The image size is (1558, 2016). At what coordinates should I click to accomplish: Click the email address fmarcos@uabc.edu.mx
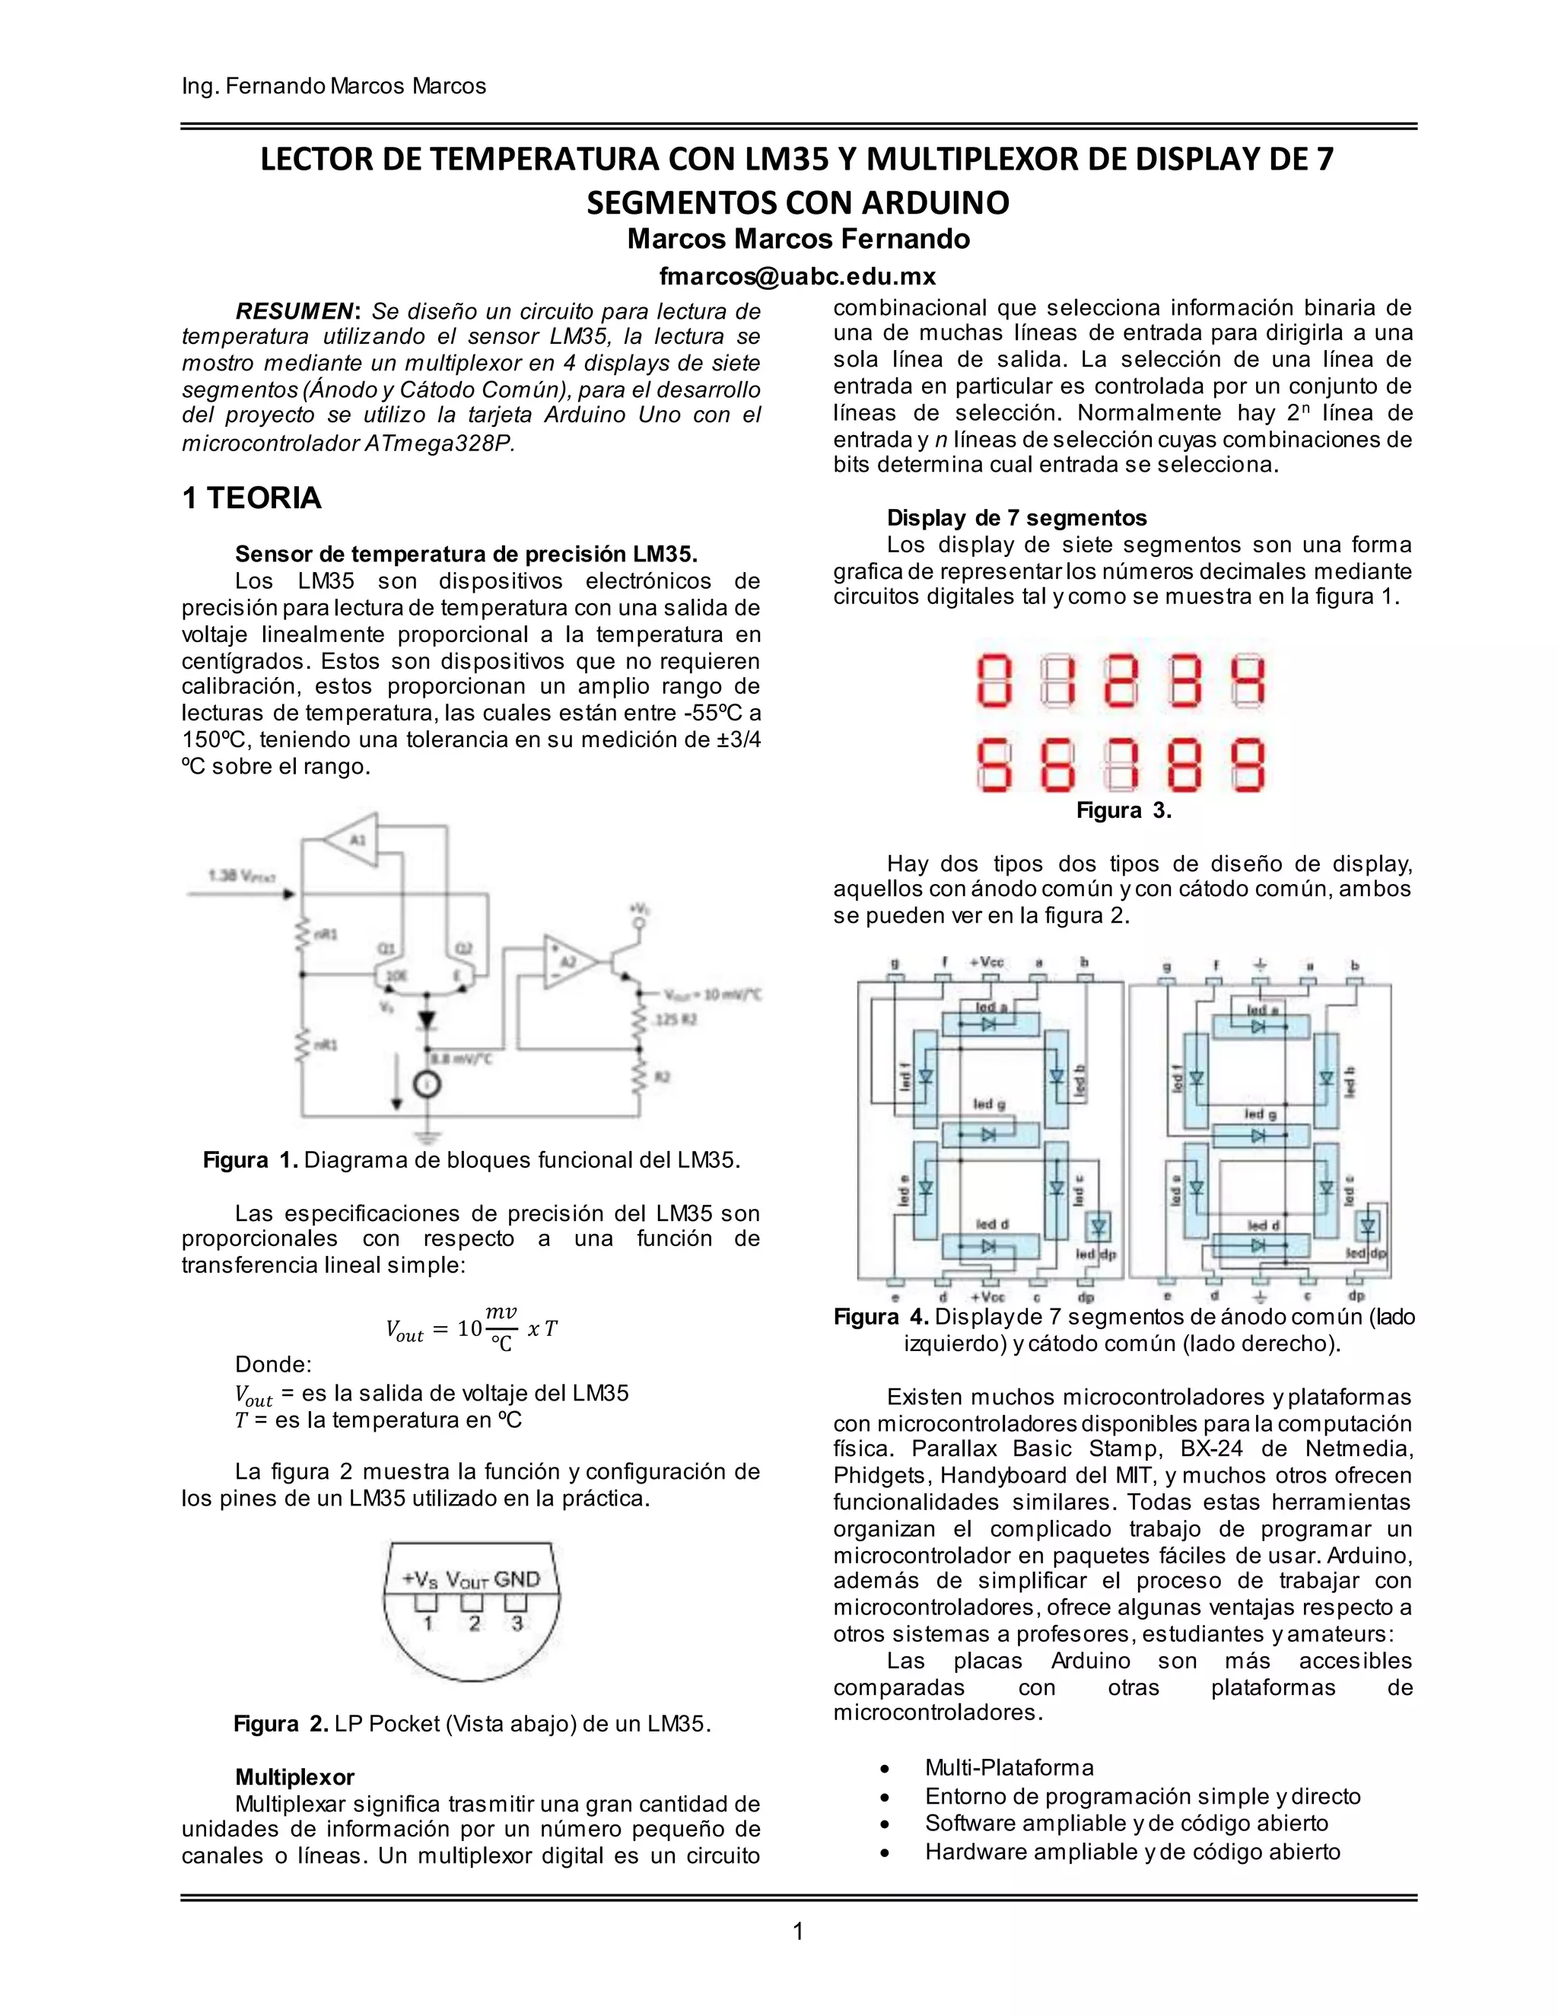(797, 276)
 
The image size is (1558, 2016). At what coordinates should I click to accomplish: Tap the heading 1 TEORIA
(252, 498)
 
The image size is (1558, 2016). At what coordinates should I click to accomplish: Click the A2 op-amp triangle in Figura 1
(566, 962)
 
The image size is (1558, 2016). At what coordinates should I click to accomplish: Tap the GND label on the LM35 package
(516, 1579)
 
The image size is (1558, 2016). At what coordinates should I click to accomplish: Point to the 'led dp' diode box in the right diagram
(1368, 1227)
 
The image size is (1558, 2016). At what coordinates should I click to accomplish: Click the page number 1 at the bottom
(798, 1931)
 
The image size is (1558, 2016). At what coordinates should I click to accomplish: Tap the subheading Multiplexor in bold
(294, 1777)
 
